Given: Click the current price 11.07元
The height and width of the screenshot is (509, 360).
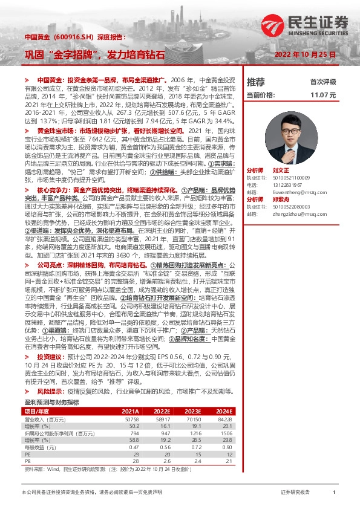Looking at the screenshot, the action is pos(322,95).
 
